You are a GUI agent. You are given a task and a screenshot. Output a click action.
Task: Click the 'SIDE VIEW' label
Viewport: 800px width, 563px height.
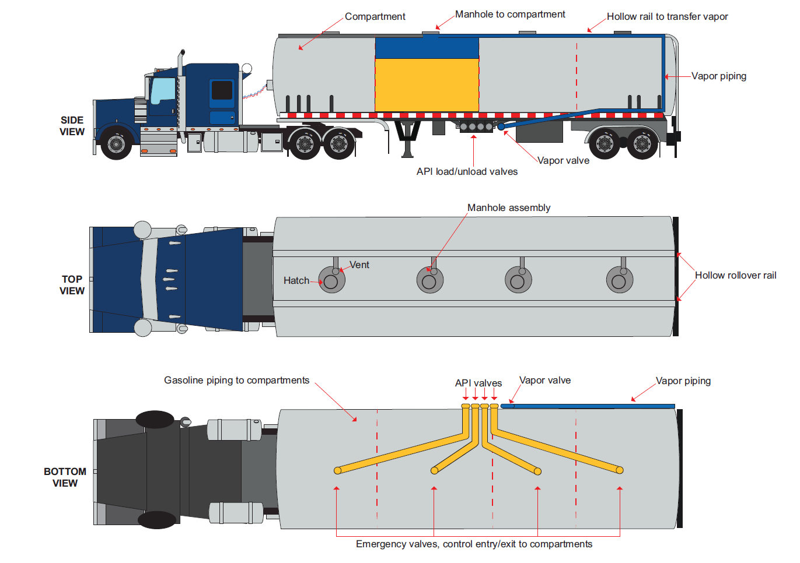[x=72, y=126]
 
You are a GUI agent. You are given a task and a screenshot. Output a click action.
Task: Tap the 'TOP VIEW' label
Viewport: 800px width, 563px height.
[x=72, y=285]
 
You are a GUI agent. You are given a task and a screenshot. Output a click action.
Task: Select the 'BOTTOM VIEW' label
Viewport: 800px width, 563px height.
[x=65, y=477]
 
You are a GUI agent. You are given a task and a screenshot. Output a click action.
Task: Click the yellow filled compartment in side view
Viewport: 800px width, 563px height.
[x=427, y=85]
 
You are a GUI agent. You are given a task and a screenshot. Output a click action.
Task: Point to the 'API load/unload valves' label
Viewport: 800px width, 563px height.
[x=467, y=171]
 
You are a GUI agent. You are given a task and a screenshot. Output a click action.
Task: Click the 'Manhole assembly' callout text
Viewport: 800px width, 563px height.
[x=509, y=207]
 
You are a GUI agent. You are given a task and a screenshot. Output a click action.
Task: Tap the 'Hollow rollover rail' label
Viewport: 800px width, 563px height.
[x=735, y=275]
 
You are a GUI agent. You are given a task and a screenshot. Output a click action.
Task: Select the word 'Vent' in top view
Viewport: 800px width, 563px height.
[x=359, y=265]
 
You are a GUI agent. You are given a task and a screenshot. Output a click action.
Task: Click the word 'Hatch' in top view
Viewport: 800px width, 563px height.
[x=296, y=280]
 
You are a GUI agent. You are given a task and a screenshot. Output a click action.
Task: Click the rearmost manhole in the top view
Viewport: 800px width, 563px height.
[x=619, y=281]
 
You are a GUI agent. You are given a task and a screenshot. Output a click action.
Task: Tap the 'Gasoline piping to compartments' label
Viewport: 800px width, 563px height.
[x=236, y=380]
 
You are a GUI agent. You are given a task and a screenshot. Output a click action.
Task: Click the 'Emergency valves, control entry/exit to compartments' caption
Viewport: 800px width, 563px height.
[x=474, y=544]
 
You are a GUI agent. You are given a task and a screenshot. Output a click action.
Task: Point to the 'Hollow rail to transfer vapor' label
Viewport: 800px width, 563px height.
[x=667, y=16]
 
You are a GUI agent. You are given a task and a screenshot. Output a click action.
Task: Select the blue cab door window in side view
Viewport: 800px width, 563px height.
[x=162, y=91]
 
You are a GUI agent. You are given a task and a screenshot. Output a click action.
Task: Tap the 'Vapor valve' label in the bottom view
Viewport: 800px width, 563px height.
[x=545, y=380]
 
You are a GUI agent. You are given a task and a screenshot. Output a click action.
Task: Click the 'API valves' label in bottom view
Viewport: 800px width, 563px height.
[x=478, y=383]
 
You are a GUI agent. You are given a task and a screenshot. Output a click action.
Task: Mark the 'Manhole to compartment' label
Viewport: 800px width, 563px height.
[x=510, y=14]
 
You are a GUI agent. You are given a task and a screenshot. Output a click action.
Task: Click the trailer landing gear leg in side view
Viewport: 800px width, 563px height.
[x=407, y=140]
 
